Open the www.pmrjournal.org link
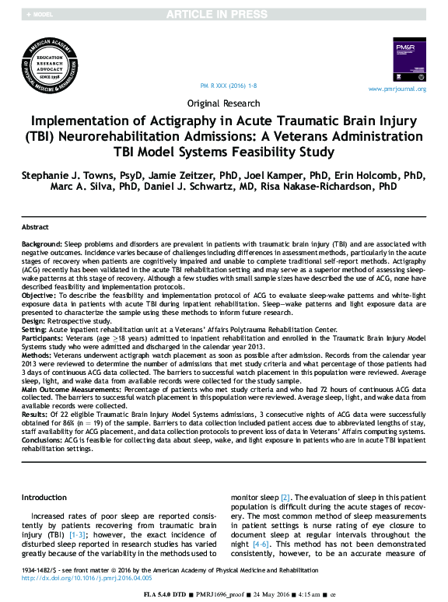[397, 89]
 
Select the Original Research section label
[224, 103]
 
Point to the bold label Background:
[43, 243]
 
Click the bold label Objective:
[39, 296]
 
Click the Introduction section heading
[44, 497]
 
